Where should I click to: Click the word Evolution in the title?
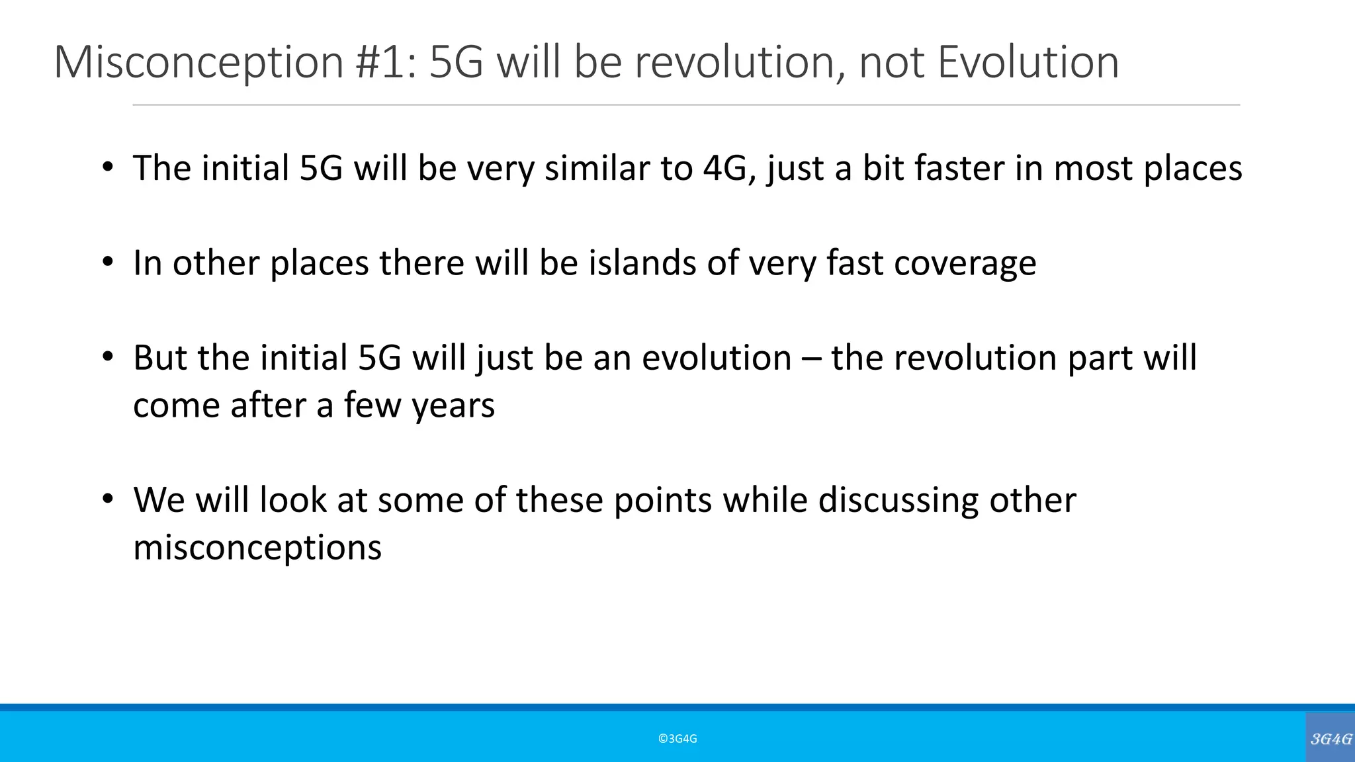point(1028,63)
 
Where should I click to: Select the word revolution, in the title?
point(740,63)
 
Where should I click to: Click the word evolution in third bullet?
point(717,358)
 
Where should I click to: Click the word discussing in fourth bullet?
point(898,500)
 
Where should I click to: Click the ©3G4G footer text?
point(677,739)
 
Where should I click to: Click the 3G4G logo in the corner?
point(1331,739)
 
